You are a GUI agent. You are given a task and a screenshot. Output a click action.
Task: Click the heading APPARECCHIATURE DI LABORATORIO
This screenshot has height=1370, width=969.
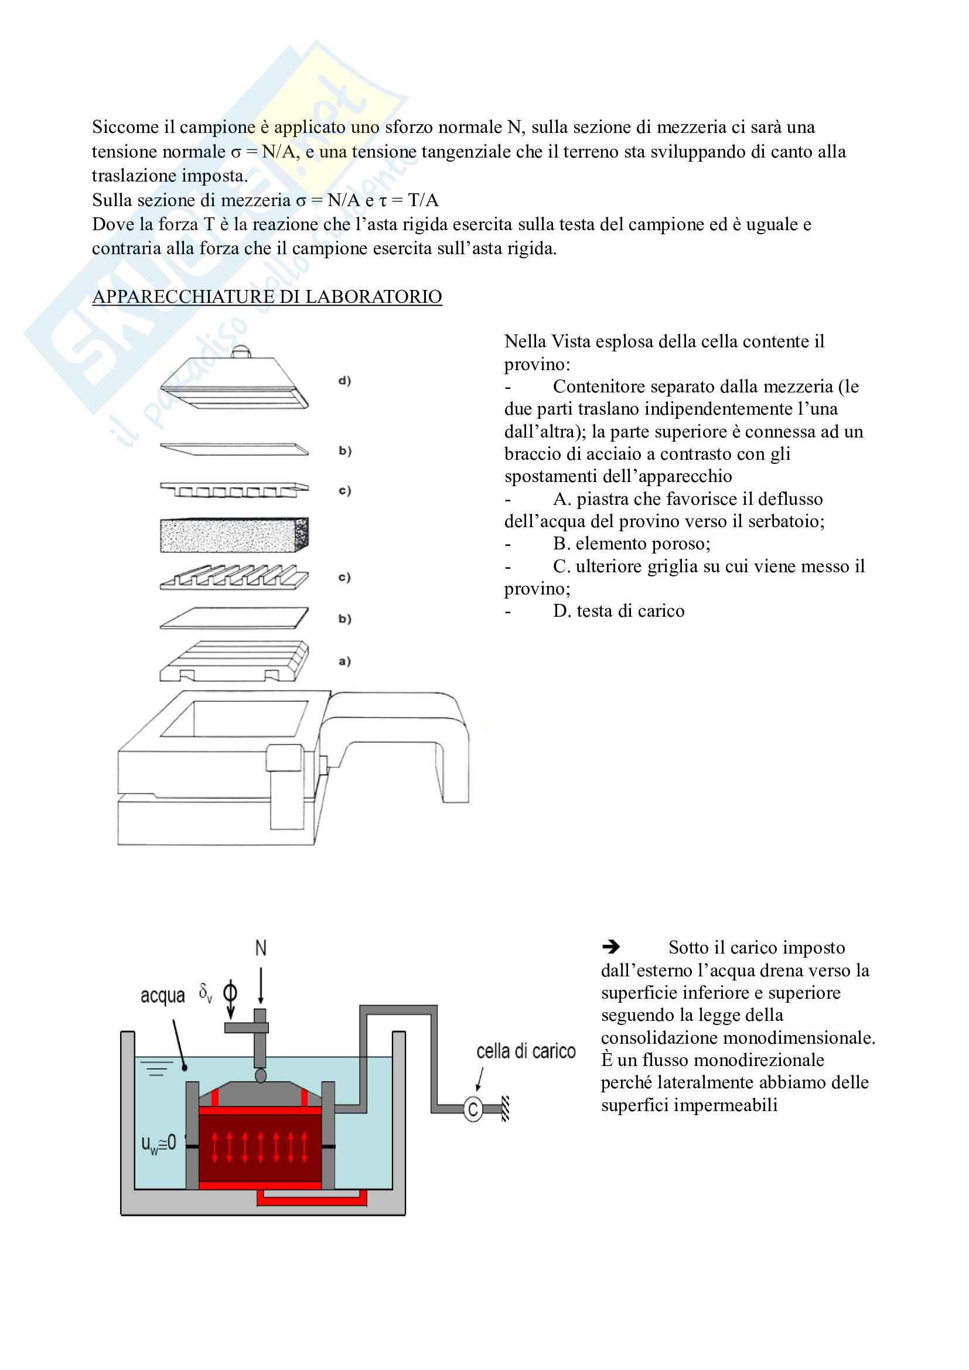(x=267, y=296)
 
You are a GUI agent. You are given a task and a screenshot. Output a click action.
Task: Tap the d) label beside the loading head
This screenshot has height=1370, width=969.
(x=344, y=381)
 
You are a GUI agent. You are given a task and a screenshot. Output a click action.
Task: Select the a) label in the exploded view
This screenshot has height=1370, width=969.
(x=344, y=661)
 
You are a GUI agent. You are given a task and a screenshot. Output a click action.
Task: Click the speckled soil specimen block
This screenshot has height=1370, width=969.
(x=234, y=535)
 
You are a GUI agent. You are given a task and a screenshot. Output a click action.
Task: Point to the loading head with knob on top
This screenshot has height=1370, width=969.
(x=234, y=382)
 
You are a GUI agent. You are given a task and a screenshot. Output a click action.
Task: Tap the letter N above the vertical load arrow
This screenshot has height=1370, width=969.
(x=261, y=948)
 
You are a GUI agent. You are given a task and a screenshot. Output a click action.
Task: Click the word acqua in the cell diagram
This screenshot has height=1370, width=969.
(x=162, y=996)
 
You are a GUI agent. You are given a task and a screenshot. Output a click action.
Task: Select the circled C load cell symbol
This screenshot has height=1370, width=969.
(x=473, y=1109)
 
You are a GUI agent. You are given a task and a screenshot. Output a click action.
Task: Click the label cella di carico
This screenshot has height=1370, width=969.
(x=526, y=1051)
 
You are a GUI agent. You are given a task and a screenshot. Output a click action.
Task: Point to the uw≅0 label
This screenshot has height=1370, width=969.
(x=158, y=1143)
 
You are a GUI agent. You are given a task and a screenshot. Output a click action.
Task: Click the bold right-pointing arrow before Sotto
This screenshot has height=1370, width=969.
(x=611, y=947)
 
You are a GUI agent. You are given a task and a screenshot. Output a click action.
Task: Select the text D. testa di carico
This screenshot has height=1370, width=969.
(x=618, y=611)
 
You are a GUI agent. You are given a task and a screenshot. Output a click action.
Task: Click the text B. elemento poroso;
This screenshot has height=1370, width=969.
(x=632, y=544)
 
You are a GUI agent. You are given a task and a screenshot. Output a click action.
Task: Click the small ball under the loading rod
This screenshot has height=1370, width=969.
(x=261, y=1075)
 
